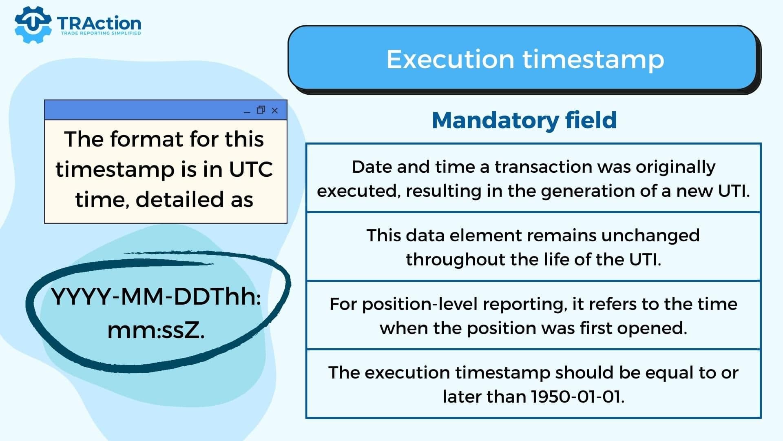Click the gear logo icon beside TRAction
[33, 24]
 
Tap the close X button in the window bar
[274, 110]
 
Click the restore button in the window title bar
[261, 110]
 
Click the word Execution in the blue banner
[450, 59]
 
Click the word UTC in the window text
[251, 169]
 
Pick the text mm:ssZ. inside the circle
[156, 330]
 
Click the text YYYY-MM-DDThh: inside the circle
[156, 296]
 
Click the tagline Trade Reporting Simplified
[101, 33]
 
